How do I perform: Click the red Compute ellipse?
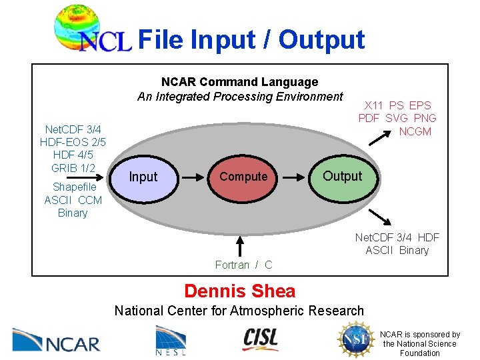click(x=243, y=177)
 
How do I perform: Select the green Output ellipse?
click(x=343, y=177)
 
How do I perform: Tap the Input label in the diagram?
click(x=143, y=177)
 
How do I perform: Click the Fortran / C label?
click(x=243, y=265)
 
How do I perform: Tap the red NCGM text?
click(x=415, y=131)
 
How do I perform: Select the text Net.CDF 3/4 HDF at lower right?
click(x=397, y=237)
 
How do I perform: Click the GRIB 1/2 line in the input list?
click(x=73, y=167)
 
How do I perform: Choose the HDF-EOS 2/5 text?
click(x=73, y=142)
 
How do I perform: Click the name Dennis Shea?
click(x=239, y=291)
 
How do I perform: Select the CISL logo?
click(x=260, y=339)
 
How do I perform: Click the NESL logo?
click(x=171, y=340)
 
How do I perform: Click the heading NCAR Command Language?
click(x=240, y=82)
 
